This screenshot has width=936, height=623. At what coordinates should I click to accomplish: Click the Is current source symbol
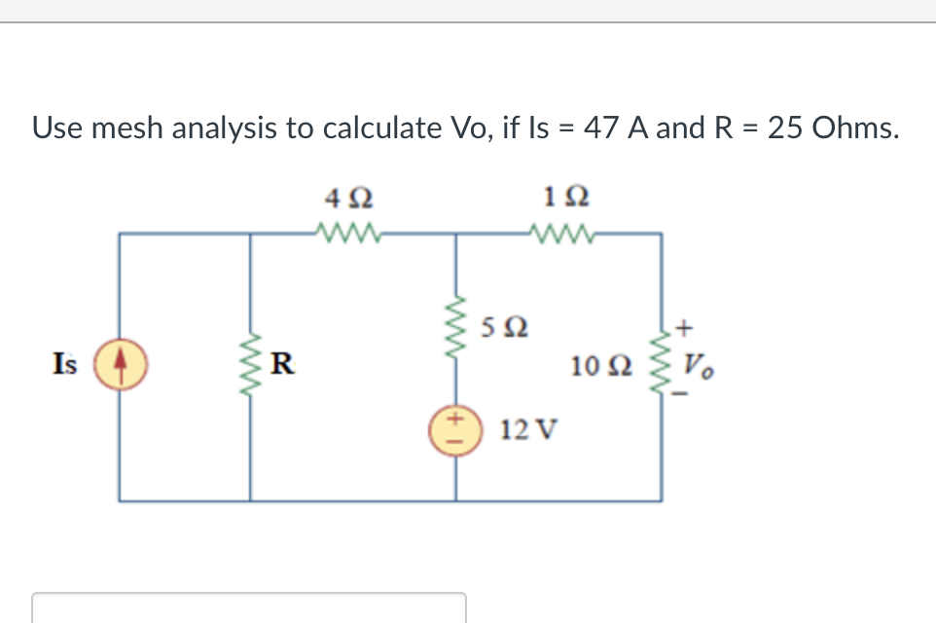120,365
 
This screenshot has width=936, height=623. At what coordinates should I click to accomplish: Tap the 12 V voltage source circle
454,429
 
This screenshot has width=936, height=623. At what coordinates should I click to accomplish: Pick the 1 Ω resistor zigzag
561,234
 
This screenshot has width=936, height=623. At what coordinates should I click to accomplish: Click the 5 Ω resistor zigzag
454,329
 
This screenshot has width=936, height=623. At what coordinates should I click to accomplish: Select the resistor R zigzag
251,365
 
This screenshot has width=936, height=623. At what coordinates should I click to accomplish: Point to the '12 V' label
526,429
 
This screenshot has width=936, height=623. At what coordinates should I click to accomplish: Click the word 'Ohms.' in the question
853,128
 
